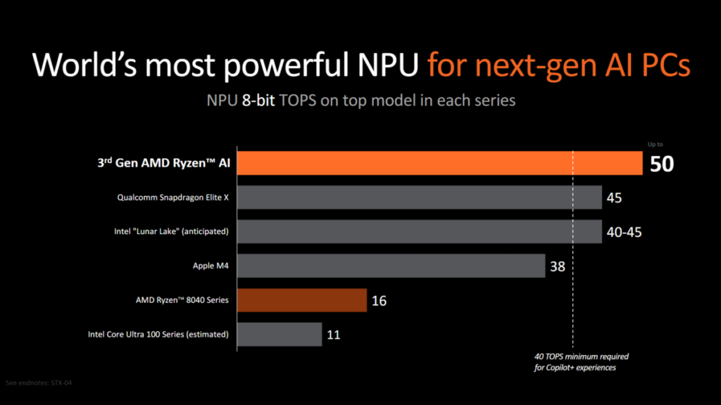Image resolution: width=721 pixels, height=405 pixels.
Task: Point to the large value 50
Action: [662, 165]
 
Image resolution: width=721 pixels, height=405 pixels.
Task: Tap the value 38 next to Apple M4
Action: [558, 267]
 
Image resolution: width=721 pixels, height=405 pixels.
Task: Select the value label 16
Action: [378, 301]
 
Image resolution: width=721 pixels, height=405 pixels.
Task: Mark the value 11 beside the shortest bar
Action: [334, 335]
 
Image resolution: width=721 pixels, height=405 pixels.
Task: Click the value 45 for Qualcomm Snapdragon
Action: [614, 198]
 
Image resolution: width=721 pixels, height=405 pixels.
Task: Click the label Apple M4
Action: [211, 266]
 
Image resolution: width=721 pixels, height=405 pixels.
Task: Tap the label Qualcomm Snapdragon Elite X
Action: [173, 198]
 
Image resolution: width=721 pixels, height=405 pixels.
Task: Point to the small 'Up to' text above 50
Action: [655, 144]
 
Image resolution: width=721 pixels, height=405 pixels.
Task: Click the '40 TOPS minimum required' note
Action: [582, 356]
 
